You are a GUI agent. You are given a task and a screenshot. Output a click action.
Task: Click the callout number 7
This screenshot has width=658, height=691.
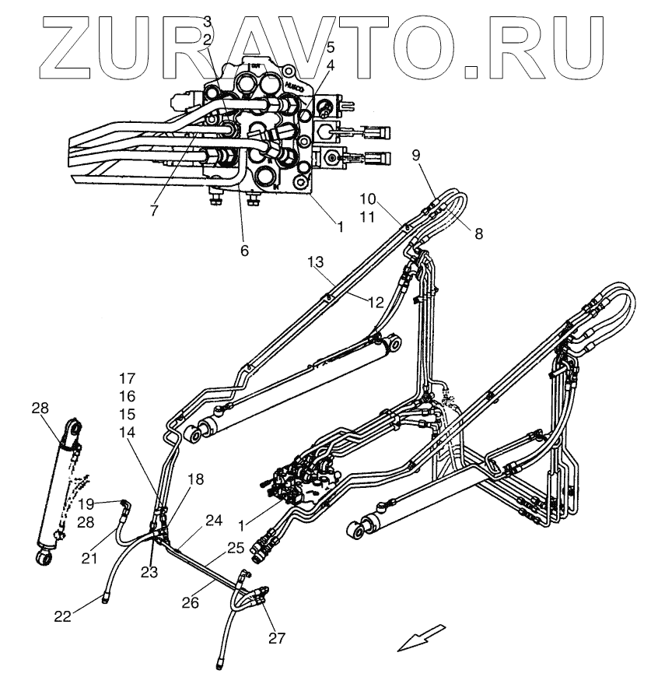tap(154, 211)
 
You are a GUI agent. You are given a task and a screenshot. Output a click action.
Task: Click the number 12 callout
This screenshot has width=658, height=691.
tap(375, 302)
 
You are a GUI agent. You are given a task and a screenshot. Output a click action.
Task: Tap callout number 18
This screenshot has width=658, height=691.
tap(195, 479)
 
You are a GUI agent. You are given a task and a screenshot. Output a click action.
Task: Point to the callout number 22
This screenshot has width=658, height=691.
tap(63, 616)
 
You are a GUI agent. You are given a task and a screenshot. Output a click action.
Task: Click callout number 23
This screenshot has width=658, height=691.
tap(149, 572)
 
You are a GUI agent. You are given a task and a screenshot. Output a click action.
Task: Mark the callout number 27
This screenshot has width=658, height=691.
tap(278, 638)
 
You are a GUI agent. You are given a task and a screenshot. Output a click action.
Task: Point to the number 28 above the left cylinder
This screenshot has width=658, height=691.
tap(40, 409)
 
